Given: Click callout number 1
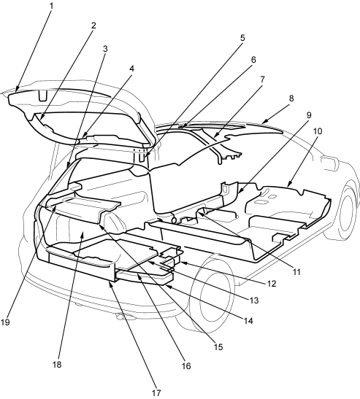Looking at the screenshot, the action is point(51,6).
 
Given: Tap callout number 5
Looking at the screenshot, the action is point(242,38).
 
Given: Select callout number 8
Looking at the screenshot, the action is point(291,98).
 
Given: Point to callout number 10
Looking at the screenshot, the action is point(318,131).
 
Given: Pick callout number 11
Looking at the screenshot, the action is point(296,272).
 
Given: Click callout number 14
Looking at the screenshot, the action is point(248,321).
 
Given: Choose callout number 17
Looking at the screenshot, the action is point(156,392).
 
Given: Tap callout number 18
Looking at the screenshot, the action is point(57,365).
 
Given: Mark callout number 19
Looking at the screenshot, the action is point(5,322).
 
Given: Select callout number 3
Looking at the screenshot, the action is point(105,49).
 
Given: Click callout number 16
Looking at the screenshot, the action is point(186,366).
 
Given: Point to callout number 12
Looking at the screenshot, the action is point(272,284).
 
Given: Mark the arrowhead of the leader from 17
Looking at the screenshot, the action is point(110,283).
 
